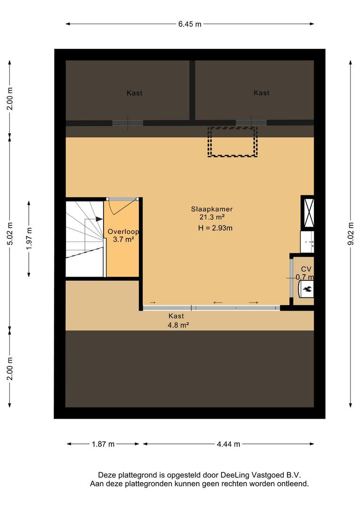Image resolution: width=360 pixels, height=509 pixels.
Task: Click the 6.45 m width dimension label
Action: tap(189, 24)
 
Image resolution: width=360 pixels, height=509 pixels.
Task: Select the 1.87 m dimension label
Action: tap(103, 444)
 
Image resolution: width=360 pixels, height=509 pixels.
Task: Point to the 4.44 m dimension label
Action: tap(229, 444)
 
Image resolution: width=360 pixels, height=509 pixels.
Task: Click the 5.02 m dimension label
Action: tap(10, 234)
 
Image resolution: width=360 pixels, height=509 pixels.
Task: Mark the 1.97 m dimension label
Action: tap(29, 238)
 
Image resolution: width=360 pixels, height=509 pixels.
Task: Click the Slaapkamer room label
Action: tap(212, 209)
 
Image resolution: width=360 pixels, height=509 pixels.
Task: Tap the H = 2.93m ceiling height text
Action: tap(215, 228)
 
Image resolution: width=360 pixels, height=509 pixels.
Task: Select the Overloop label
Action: tap(123, 232)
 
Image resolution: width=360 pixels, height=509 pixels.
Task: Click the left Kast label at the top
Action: tap(134, 93)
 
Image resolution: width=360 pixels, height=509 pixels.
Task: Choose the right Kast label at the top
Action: tap(262, 93)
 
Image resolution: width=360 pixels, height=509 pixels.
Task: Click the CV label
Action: tap(306, 269)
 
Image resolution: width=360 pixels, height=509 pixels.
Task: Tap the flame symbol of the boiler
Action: tap(307, 288)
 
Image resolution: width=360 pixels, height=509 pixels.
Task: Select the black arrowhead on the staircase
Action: tap(99, 219)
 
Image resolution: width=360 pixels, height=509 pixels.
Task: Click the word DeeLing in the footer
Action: tap(235, 475)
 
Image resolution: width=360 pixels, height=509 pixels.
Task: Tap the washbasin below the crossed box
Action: tap(307, 241)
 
